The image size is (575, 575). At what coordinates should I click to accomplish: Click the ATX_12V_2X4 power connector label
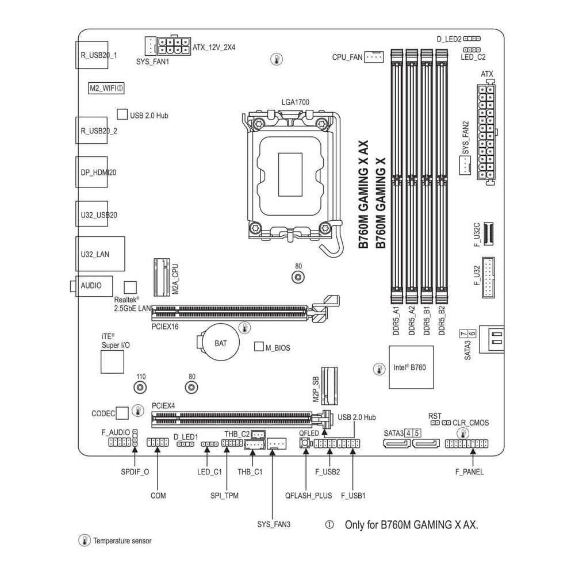point(214,48)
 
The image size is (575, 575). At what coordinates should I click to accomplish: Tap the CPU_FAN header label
point(347,57)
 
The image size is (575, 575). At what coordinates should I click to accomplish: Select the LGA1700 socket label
point(296,102)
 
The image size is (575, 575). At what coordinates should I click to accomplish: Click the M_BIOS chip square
point(259,347)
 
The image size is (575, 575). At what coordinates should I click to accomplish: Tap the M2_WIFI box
point(106,88)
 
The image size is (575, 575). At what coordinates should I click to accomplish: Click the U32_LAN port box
point(100,253)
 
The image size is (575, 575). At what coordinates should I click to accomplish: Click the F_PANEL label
point(469,472)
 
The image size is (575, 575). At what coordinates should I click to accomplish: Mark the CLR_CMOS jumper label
point(471,423)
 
